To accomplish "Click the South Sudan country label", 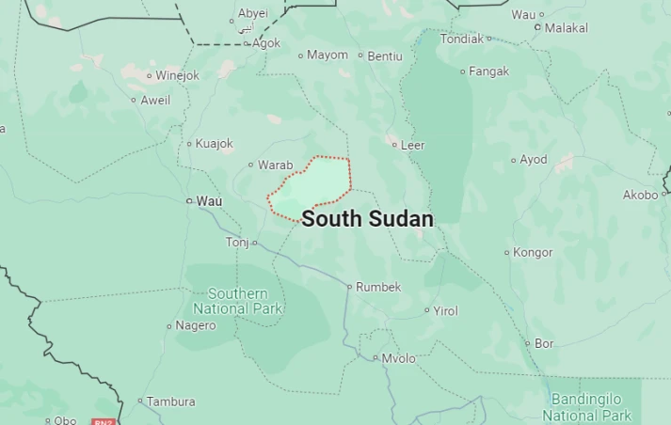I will pos(368,219).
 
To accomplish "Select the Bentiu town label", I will pos(385,56).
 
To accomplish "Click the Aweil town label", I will pos(155,101).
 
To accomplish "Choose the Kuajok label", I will pos(214,144).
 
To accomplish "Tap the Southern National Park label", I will pos(237,301).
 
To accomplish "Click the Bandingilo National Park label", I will pos(591,407).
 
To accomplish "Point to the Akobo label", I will pos(640,195).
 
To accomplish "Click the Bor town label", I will pos(544,344).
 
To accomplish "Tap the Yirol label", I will pos(445,310).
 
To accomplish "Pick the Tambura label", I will pos(171,401).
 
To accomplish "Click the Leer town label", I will pos(413,145).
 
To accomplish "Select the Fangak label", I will pos(489,71).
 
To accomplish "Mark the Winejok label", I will pos(178,75).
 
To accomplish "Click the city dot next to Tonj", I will pos(255,243).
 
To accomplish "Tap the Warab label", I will pos(276,165).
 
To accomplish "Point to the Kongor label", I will pos(533,252).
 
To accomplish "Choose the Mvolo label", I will pos(399,358).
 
